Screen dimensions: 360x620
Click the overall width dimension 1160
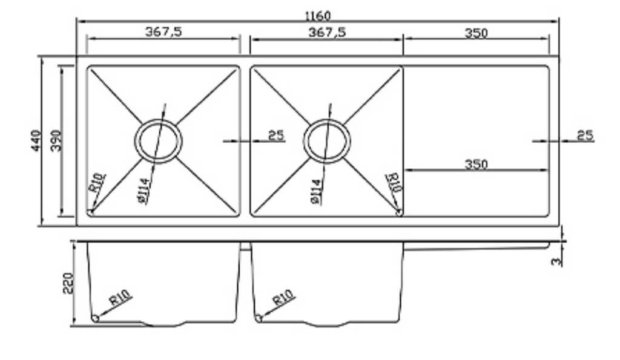click(317, 15)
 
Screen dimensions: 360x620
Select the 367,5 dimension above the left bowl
click(163, 32)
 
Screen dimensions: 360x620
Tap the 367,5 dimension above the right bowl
click(326, 32)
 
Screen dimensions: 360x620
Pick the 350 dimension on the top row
click(477, 33)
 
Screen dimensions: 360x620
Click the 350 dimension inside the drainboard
click(477, 163)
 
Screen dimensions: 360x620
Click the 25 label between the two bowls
click(276, 135)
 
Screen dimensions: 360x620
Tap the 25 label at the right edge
click(585, 135)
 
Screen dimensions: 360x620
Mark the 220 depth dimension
click(68, 283)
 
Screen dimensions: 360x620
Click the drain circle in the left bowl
click(157, 141)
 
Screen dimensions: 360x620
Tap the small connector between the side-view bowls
click(245, 247)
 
